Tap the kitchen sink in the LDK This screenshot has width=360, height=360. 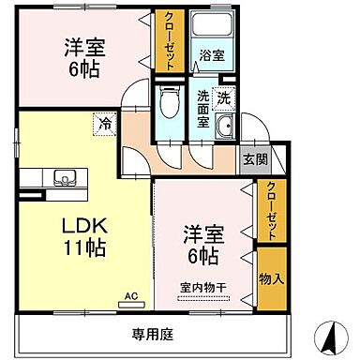(x=66, y=176)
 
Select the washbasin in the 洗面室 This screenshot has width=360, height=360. (x=224, y=130)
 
